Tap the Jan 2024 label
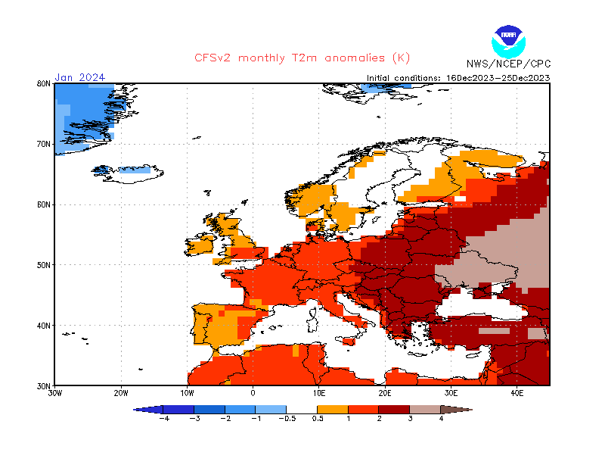tap(79, 77)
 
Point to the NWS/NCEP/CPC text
tap(508, 64)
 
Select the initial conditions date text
tap(458, 77)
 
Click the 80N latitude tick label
tap(44, 84)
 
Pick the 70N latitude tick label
tap(44, 144)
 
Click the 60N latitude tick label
tap(44, 204)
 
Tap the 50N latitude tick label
tap(44, 265)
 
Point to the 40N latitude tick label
tap(44, 326)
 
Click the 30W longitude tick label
tap(54, 393)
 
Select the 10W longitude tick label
tap(187, 393)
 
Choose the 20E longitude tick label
tap(385, 393)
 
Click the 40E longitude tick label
tap(517, 393)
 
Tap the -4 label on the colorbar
tap(163, 418)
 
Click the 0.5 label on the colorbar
tap(318, 418)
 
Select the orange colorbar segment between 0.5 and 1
tap(333, 409)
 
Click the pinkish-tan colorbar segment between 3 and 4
tap(426, 409)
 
